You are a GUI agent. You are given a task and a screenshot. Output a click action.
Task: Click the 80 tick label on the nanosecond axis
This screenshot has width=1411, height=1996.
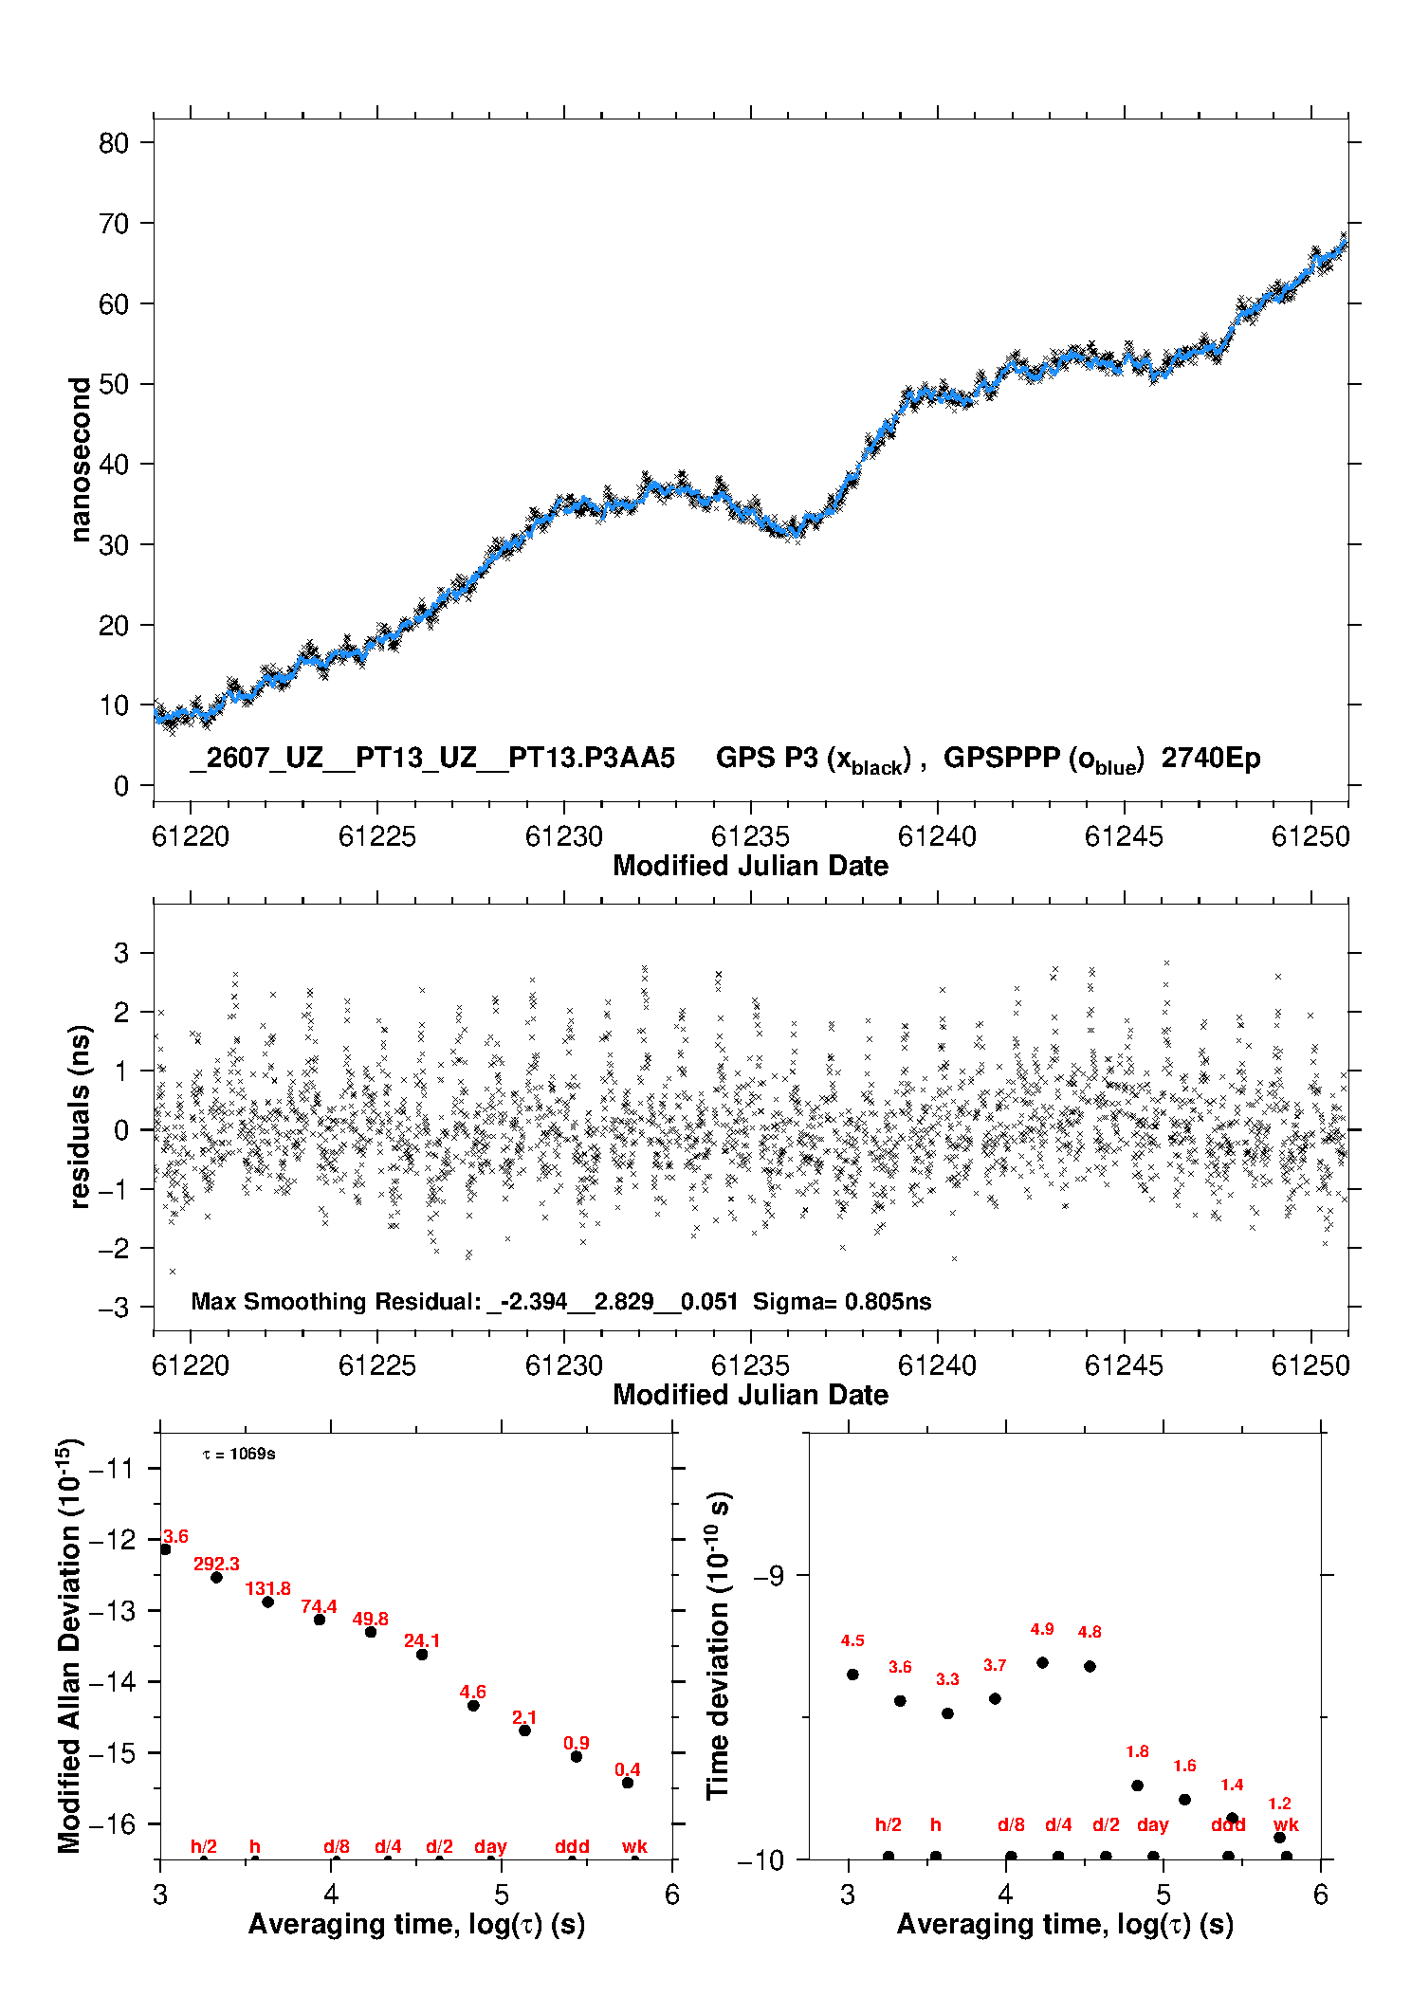tap(114, 143)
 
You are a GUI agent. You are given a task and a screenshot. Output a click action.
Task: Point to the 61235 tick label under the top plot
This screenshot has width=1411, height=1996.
tap(750, 836)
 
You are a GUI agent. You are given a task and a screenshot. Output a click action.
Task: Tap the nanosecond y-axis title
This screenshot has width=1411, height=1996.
tap(81, 460)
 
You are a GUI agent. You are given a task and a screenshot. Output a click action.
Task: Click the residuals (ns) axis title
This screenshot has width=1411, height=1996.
tap(81, 1117)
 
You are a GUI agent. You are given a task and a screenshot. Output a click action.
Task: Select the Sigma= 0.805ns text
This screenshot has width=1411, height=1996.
tap(842, 1302)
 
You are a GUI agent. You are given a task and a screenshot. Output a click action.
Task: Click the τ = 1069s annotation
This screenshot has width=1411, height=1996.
tap(239, 1455)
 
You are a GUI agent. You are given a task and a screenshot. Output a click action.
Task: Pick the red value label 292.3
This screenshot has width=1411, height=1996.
tap(216, 1565)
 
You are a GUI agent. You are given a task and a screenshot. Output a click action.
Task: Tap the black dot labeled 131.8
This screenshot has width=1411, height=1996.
tap(267, 1602)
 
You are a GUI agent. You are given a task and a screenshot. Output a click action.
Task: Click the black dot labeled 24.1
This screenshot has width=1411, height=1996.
tap(422, 1655)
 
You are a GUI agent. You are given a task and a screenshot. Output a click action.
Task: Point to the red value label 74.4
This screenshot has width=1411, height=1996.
tap(319, 1607)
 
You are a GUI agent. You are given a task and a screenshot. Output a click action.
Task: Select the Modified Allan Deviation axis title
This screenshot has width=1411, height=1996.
tap(69, 1646)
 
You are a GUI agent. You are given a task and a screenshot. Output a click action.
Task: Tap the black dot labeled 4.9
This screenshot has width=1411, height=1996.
tap(1042, 1662)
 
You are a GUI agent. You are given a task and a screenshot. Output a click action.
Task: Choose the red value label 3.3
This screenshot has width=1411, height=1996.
tap(947, 1679)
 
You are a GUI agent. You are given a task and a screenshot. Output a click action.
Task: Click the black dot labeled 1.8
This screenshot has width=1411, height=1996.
tap(1137, 1785)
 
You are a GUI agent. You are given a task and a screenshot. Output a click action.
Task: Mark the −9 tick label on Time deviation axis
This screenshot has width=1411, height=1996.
tap(768, 1575)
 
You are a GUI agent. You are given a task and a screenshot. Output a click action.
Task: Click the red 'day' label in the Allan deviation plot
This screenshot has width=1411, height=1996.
tap(490, 1847)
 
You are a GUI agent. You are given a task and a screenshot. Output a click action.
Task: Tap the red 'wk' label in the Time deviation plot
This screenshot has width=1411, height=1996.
tap(1286, 1825)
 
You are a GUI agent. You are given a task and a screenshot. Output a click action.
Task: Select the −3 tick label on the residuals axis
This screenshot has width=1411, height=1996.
tap(114, 1308)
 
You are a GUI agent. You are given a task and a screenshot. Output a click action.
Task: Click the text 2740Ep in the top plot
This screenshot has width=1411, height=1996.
tap(1211, 759)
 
